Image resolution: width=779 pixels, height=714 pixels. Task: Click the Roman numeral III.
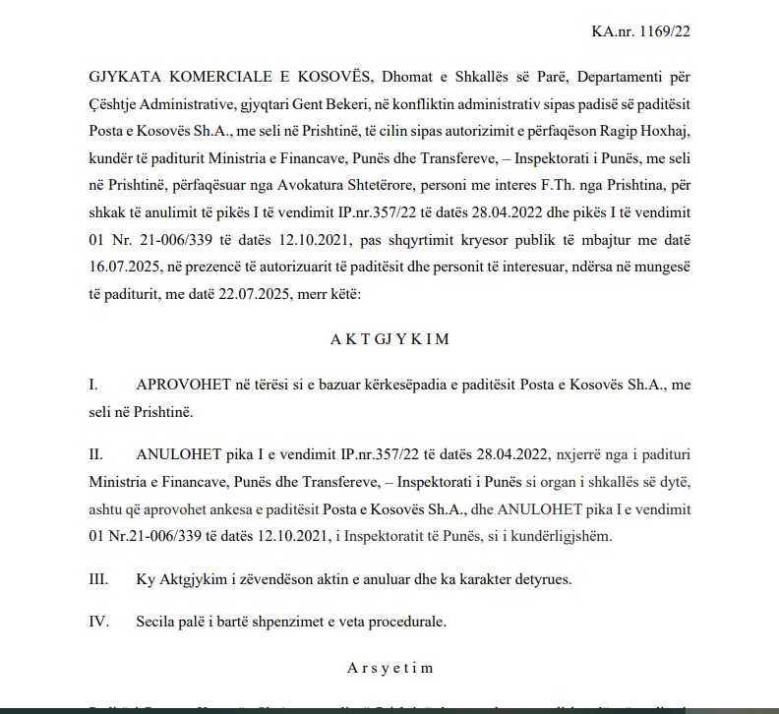[x=98, y=579]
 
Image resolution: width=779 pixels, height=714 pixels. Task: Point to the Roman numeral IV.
[x=98, y=622]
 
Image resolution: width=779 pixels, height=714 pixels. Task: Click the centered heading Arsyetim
[x=390, y=669]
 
